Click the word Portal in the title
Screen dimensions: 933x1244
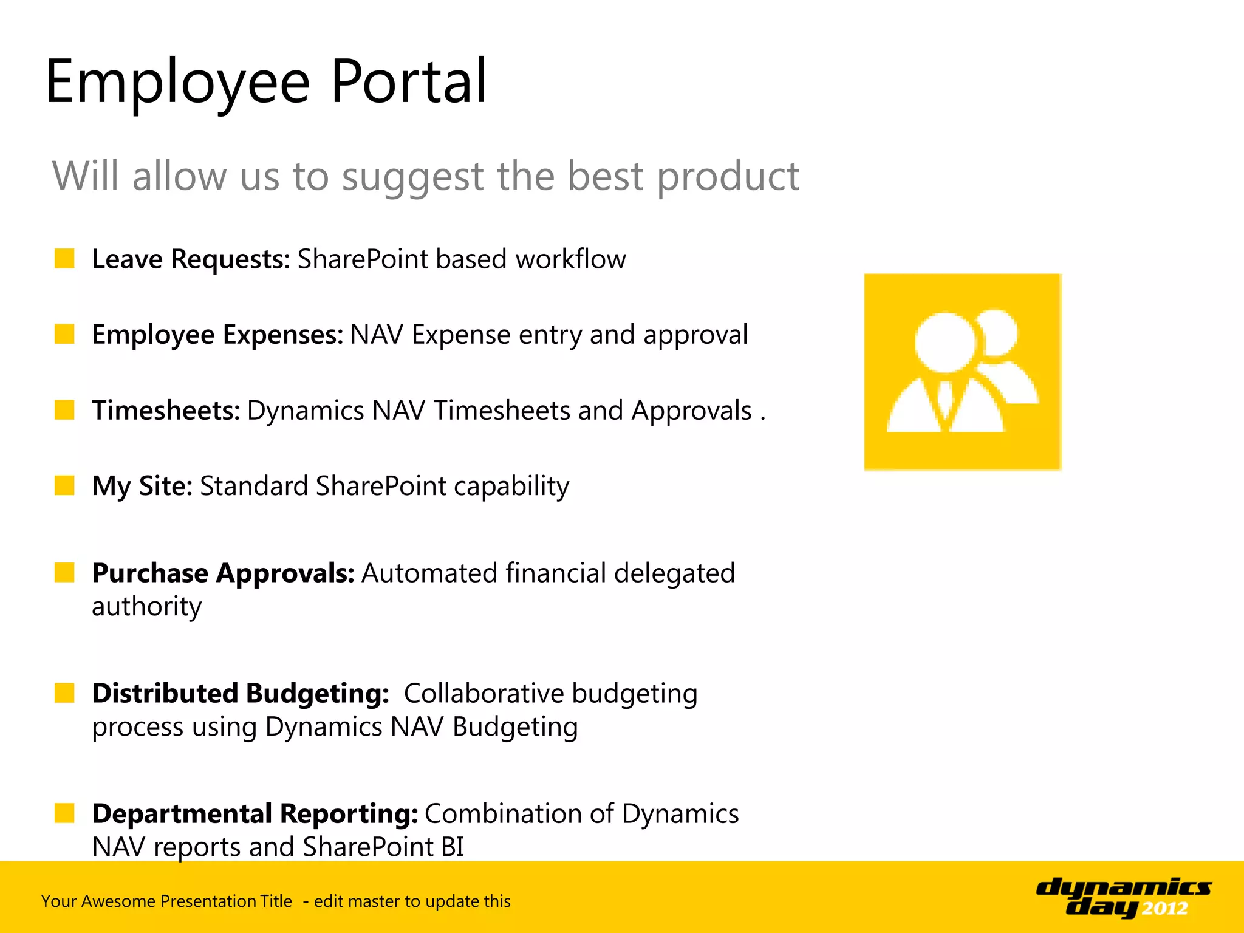[x=408, y=81]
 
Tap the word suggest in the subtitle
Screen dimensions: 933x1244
[x=413, y=177]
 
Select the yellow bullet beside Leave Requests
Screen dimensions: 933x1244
[x=64, y=258]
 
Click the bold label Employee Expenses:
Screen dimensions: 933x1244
[x=217, y=335]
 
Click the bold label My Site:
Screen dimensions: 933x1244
[x=142, y=486]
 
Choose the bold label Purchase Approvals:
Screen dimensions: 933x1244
[x=223, y=573]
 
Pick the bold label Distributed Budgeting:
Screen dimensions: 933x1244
[x=241, y=693]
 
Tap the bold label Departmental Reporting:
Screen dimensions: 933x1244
[x=255, y=813]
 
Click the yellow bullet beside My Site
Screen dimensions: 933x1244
[x=64, y=485]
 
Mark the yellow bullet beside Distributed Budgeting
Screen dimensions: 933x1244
[x=64, y=692]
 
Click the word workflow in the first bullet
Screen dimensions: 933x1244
[x=570, y=259]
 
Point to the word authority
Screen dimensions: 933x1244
[x=146, y=606]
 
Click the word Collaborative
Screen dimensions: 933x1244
[x=484, y=693]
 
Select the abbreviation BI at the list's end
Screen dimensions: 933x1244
[x=453, y=847]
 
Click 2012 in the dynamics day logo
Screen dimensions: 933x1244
[x=1164, y=909]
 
